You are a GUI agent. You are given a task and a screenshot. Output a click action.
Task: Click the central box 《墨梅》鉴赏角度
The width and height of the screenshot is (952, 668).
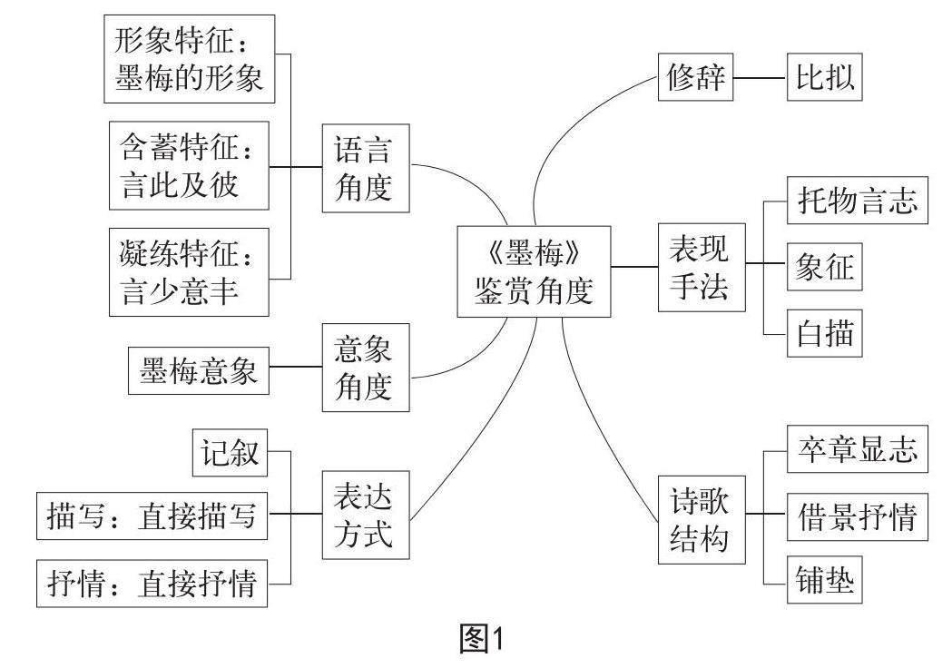(x=534, y=271)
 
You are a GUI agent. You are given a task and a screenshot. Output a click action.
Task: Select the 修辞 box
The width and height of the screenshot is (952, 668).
(x=694, y=78)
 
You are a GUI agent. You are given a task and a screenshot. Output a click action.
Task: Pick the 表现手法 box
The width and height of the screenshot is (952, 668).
(x=698, y=268)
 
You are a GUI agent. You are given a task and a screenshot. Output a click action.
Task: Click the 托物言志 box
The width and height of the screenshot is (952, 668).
(x=856, y=201)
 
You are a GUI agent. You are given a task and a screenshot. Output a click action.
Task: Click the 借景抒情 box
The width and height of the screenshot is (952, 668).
(x=856, y=516)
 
